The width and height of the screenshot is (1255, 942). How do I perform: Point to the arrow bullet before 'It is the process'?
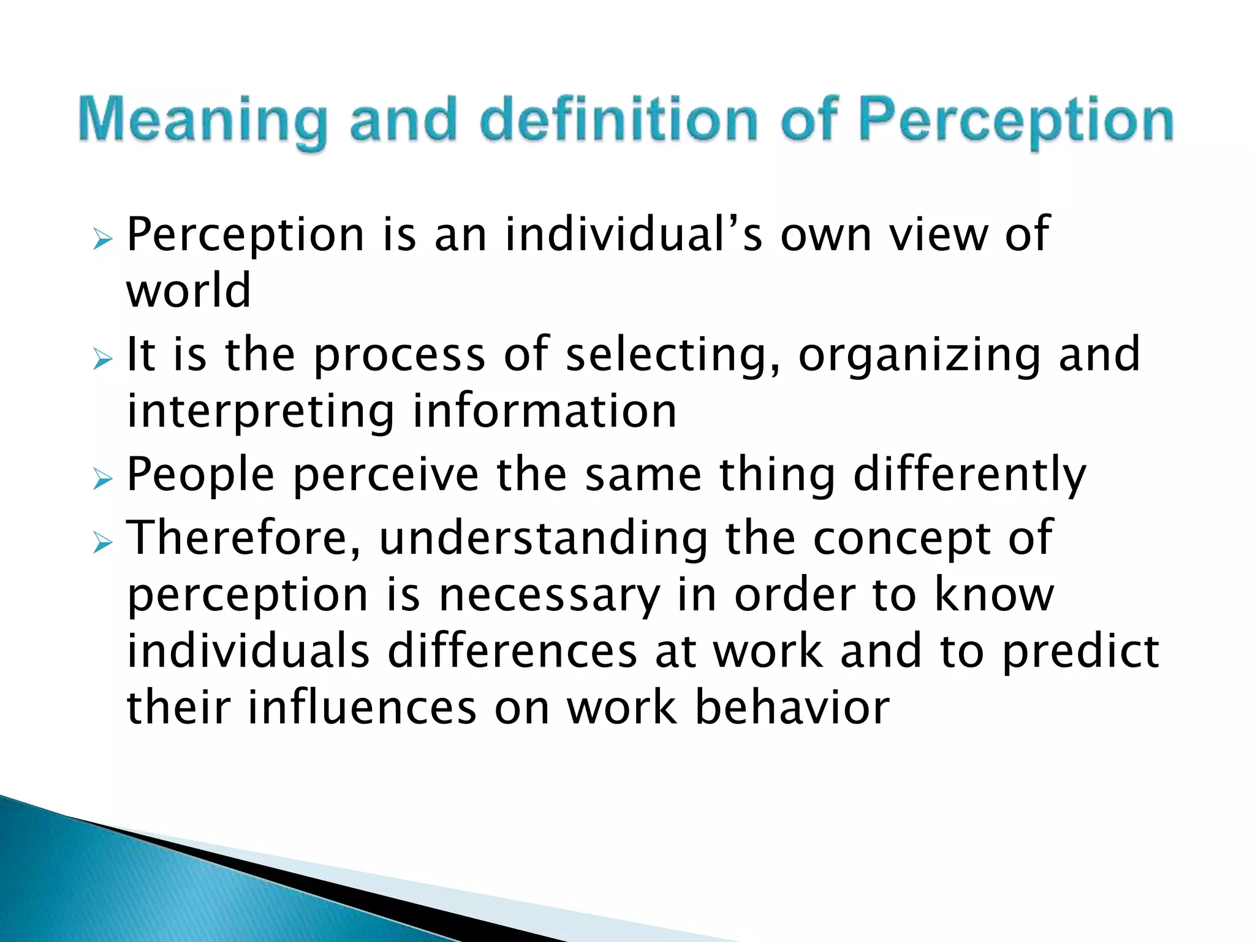pos(103,359)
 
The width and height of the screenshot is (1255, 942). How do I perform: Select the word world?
pos(189,290)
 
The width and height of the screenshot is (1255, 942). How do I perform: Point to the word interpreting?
pos(260,412)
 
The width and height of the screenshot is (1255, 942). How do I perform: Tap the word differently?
pos(969,475)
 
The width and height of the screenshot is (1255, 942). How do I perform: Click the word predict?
pos(1080,652)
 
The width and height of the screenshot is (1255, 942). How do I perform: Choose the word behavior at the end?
pos(792,707)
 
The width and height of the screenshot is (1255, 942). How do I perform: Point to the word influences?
pos(362,707)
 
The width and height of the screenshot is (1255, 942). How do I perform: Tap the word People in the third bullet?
pos(200,475)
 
